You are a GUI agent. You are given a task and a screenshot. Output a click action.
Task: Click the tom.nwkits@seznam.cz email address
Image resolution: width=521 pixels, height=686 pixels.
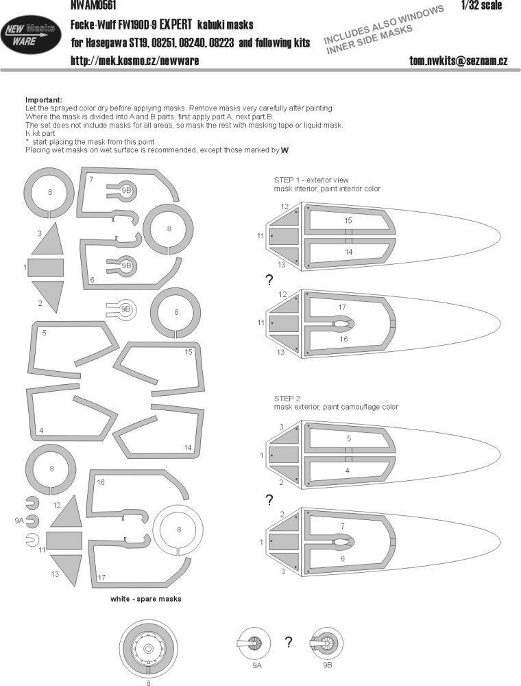tap(458, 61)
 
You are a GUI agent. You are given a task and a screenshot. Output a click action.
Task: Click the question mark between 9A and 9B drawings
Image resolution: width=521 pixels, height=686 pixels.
tap(289, 643)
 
